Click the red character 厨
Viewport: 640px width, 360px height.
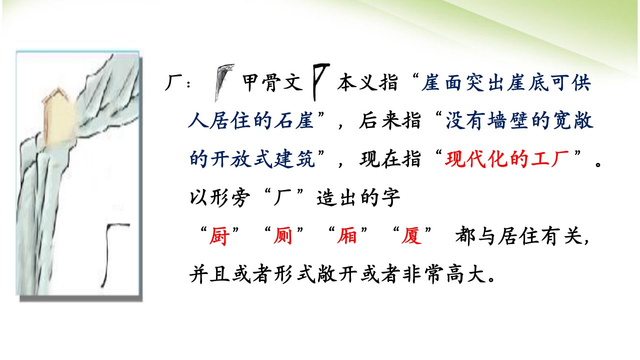point(219,236)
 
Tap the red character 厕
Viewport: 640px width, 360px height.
point(283,236)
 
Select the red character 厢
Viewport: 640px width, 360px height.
point(347,236)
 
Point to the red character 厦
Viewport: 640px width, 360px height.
point(411,236)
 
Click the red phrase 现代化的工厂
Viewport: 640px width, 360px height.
point(507,159)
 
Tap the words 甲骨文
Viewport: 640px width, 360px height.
point(272,82)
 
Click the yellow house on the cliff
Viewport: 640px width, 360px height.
point(59,116)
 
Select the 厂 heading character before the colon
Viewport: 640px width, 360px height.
point(173,83)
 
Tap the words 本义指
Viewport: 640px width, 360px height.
point(367,82)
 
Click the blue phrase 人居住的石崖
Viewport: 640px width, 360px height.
point(251,120)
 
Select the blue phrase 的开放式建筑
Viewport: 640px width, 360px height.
point(251,159)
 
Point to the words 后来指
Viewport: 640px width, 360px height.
point(389,120)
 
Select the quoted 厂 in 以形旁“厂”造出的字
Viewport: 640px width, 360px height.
point(282,197)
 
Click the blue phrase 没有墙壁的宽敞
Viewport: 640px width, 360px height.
point(519,120)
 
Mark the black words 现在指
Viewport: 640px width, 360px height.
point(390,159)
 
